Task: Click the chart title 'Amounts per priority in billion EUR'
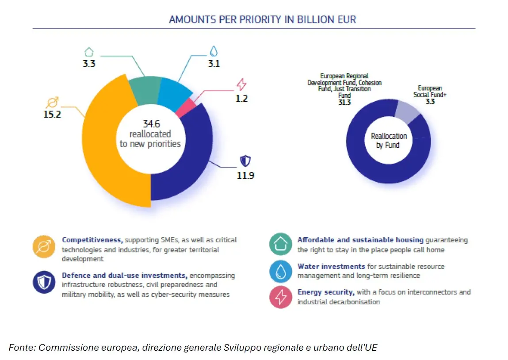coord(262,19)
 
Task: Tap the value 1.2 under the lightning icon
coord(241,98)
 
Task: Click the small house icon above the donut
coord(89,51)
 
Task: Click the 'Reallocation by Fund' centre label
coord(388,141)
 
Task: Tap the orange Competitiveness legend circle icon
coord(44,247)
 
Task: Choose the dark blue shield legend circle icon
coord(44,282)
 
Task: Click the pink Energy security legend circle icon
coord(280,297)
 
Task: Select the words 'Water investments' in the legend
coord(331,266)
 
